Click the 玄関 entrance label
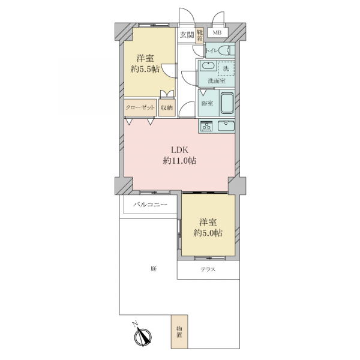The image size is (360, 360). pyautogui.click(x=187, y=35)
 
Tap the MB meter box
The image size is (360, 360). pyautogui.click(x=218, y=32)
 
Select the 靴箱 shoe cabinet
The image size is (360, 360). pyautogui.click(x=200, y=35)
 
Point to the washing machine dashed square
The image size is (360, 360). pyautogui.click(x=226, y=68)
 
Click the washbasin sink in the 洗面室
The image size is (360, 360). pyautogui.click(x=208, y=65)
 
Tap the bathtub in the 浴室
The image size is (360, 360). pyautogui.click(x=227, y=103)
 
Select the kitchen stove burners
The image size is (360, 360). pyautogui.click(x=206, y=126)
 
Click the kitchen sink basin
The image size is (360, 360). pyautogui.click(x=226, y=126)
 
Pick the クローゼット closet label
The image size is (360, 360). pyautogui.click(x=140, y=107)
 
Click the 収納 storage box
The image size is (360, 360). pyautogui.click(x=167, y=107)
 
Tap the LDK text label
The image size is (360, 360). pyautogui.click(x=180, y=150)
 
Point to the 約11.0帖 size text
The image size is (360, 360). pyautogui.click(x=179, y=161)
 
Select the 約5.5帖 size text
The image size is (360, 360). pyautogui.click(x=145, y=69)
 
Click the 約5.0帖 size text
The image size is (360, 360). pyautogui.click(x=208, y=233)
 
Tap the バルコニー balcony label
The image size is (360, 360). pyautogui.click(x=150, y=204)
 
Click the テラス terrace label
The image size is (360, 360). pyautogui.click(x=208, y=269)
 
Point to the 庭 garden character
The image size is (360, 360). pyautogui.click(x=154, y=268)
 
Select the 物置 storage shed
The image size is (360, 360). pyautogui.click(x=179, y=332)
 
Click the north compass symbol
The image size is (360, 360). pyautogui.click(x=142, y=336)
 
